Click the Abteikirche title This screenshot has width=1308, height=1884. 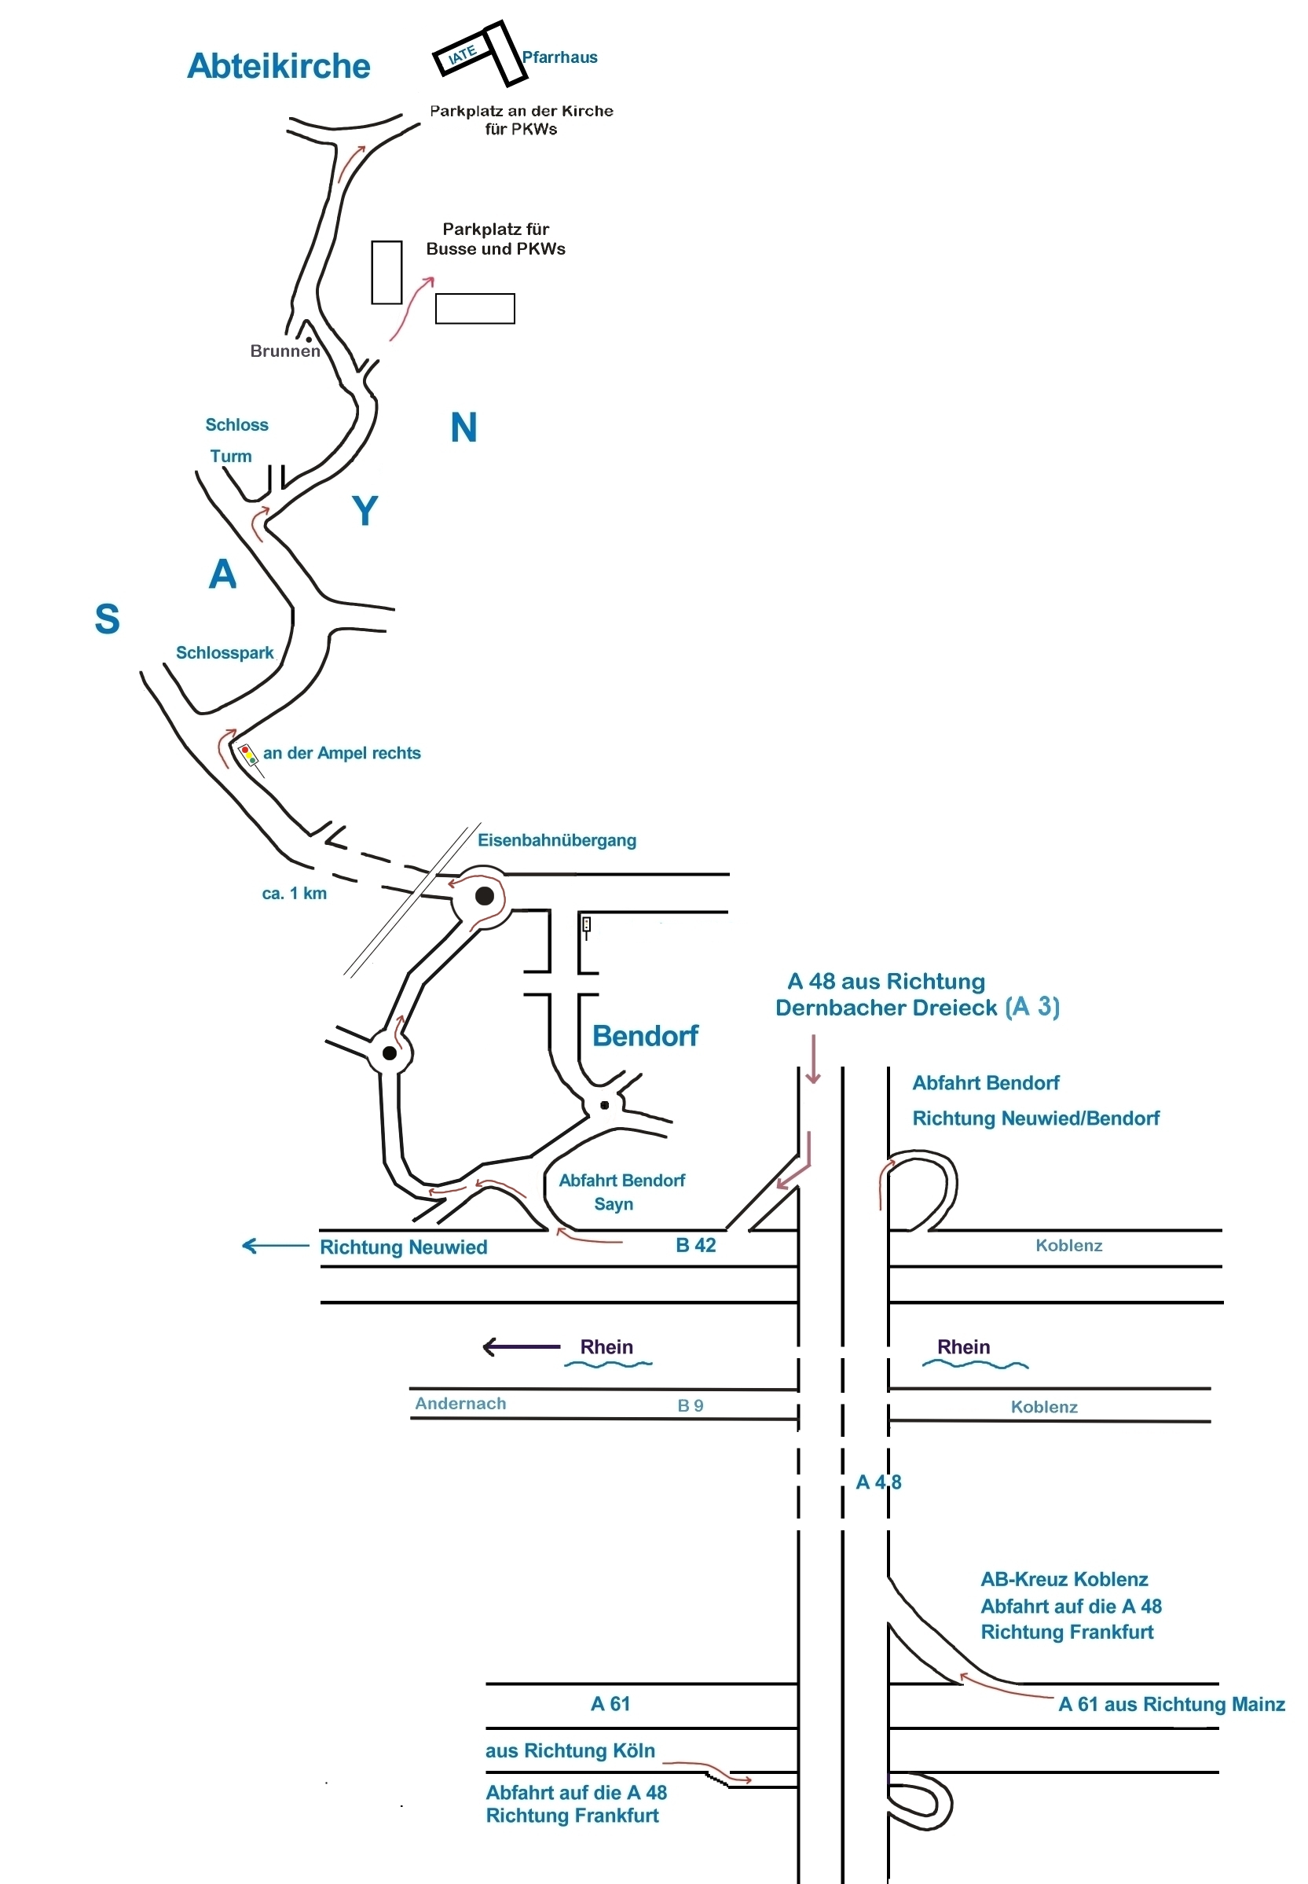click(x=279, y=65)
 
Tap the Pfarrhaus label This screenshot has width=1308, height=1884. click(x=560, y=57)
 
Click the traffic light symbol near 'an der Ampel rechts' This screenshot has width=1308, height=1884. click(x=247, y=754)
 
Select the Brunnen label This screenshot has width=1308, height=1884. click(x=284, y=351)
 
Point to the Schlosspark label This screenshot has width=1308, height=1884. click(x=225, y=652)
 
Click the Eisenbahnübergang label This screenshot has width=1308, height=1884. click(x=556, y=839)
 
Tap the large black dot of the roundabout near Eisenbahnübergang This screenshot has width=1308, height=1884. click(x=485, y=895)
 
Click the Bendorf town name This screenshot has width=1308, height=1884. click(x=645, y=1035)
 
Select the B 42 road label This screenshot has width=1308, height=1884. click(x=696, y=1245)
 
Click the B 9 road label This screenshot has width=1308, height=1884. click(x=690, y=1405)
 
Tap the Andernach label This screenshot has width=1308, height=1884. click(x=460, y=1403)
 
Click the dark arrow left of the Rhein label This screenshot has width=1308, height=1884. click(x=521, y=1346)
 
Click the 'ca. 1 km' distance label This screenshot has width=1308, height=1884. click(x=295, y=893)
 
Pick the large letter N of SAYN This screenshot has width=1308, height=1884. click(x=463, y=427)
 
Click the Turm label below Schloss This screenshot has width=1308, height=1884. click(x=230, y=456)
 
